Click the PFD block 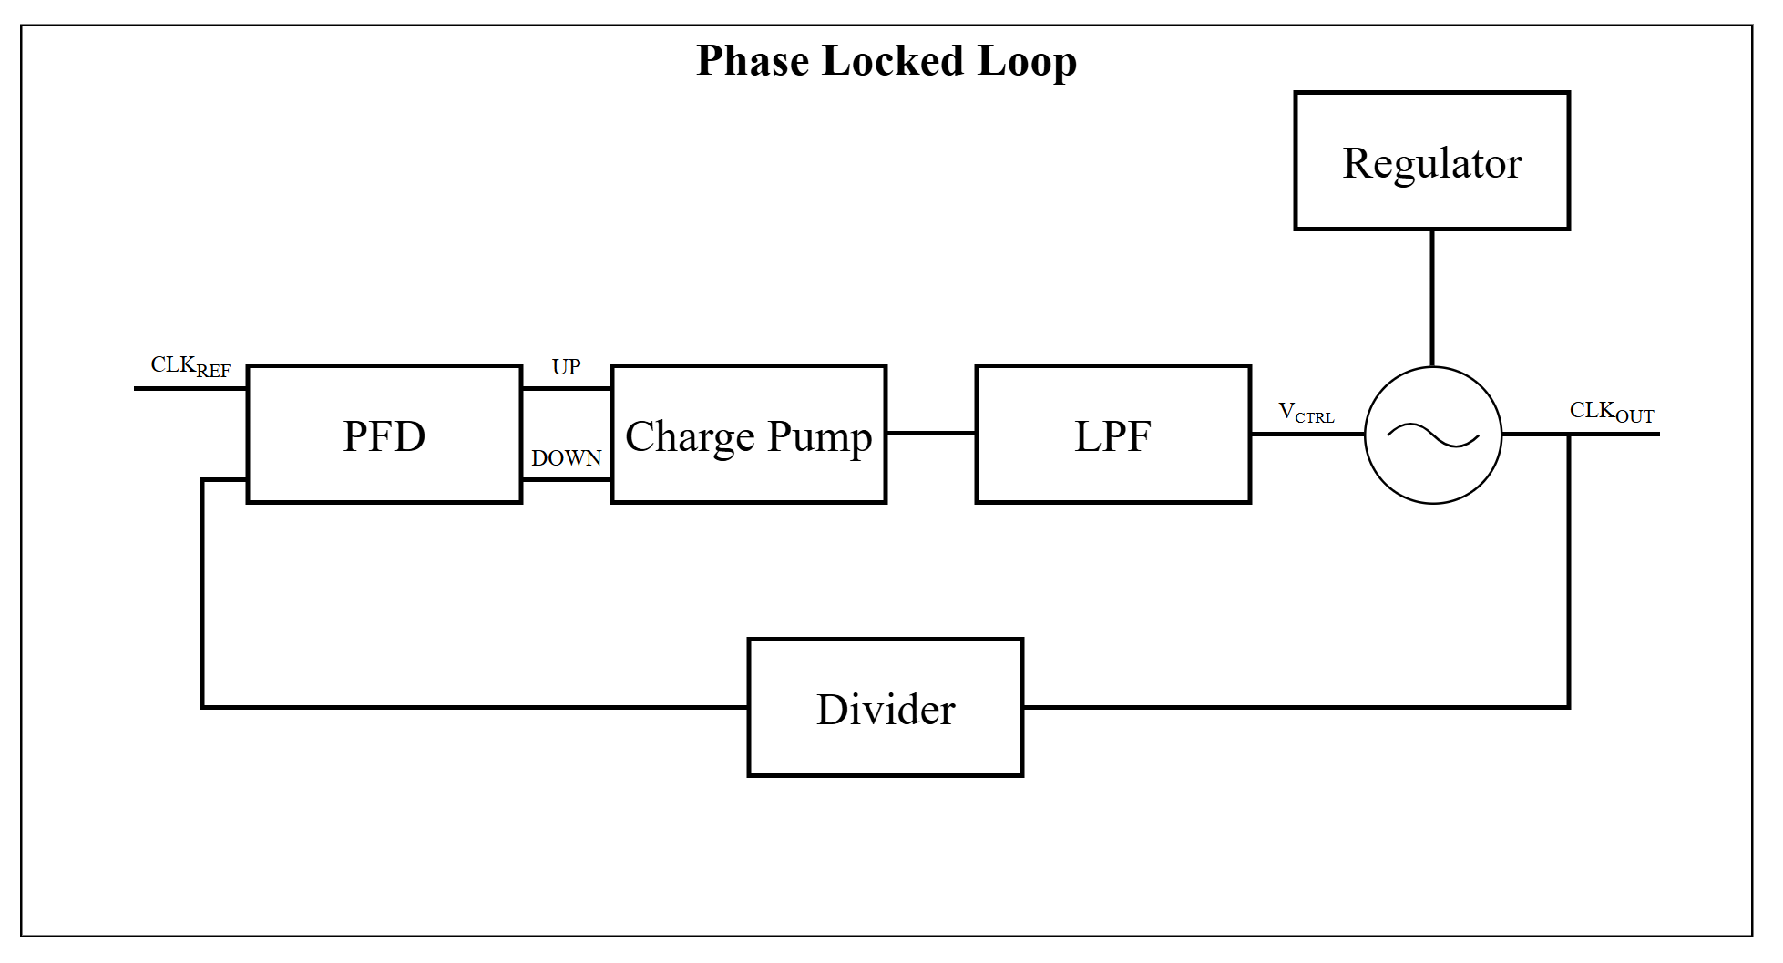[384, 434]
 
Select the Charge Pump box [748, 434]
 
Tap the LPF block [1112, 434]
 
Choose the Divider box [885, 708]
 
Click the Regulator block [1431, 160]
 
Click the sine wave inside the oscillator [1432, 435]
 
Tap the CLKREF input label [190, 366]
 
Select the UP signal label [566, 366]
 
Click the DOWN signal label [566, 457]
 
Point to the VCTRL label [1307, 413]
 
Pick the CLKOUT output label [1611, 412]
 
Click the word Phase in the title [753, 61]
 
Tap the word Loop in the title [1028, 62]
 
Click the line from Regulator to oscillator [1432, 298]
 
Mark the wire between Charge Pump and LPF [931, 434]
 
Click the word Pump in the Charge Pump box [820, 437]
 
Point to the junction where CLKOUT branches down [1569, 435]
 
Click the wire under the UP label [566, 388]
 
